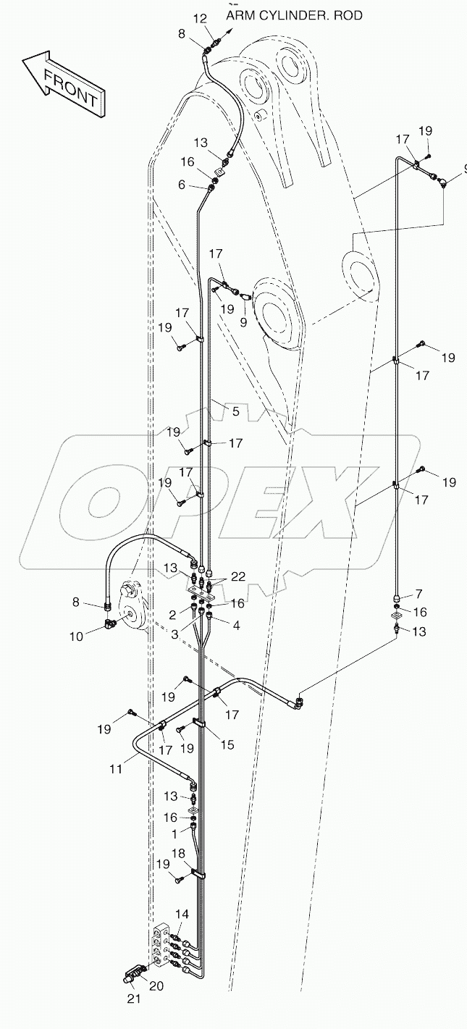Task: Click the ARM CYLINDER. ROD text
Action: click(294, 15)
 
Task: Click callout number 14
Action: click(181, 915)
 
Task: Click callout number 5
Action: click(235, 411)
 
